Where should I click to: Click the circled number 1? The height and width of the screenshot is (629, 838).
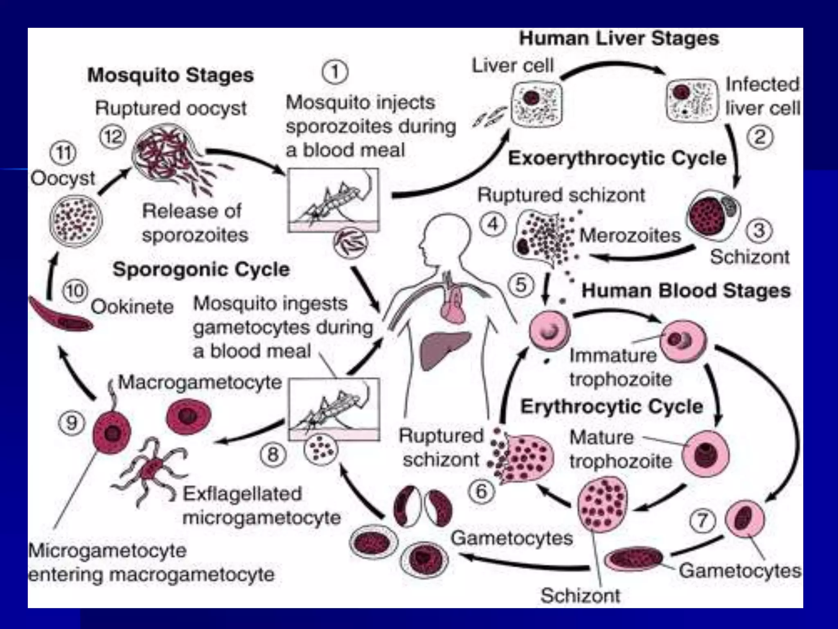click(x=335, y=73)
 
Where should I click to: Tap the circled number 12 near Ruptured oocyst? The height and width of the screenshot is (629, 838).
click(x=113, y=136)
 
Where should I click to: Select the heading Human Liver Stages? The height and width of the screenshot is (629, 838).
click(x=619, y=39)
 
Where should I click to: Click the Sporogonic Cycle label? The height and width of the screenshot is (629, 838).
click(x=201, y=269)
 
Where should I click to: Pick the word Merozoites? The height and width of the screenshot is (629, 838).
click(x=630, y=235)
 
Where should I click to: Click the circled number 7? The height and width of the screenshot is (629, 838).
click(x=703, y=520)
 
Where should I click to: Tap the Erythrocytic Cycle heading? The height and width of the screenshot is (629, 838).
click(x=612, y=407)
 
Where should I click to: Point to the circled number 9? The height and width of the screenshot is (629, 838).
click(x=72, y=423)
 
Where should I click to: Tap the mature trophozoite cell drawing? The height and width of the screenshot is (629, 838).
click(x=706, y=453)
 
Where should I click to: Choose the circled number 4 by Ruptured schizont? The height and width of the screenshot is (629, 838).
click(x=493, y=224)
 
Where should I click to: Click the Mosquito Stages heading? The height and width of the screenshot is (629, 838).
click(x=171, y=75)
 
